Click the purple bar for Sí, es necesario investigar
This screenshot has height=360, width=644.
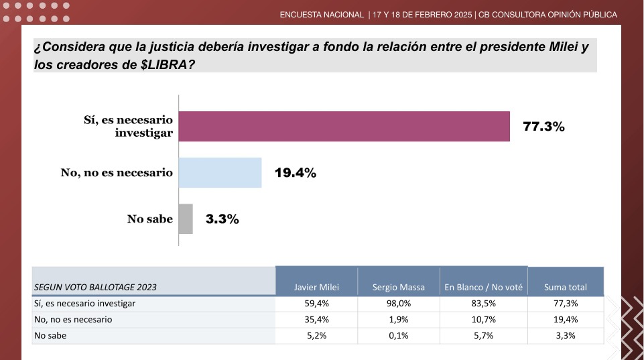point(344,126)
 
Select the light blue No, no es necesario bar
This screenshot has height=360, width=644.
point(220,173)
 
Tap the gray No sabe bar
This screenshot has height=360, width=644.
point(186,219)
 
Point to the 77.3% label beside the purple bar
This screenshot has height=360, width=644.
point(543,126)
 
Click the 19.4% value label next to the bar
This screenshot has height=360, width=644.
point(295,173)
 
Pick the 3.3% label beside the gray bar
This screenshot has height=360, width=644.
point(222,219)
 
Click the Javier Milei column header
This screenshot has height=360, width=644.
point(316,287)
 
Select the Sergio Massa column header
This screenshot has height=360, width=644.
point(399,287)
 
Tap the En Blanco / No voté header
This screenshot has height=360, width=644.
point(483,287)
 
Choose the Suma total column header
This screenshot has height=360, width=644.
point(566,287)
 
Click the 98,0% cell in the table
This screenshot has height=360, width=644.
point(399,304)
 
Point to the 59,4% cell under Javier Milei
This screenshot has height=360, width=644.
point(316,304)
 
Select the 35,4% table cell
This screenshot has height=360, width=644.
point(316,320)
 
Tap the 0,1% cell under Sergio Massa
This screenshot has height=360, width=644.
point(399,336)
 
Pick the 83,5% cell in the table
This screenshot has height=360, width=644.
point(483,304)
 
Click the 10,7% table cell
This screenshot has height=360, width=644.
point(483,320)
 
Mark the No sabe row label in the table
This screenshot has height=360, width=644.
point(48,336)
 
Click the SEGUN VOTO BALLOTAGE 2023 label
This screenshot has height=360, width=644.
point(95,287)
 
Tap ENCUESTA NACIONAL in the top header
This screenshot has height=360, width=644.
point(322,15)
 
